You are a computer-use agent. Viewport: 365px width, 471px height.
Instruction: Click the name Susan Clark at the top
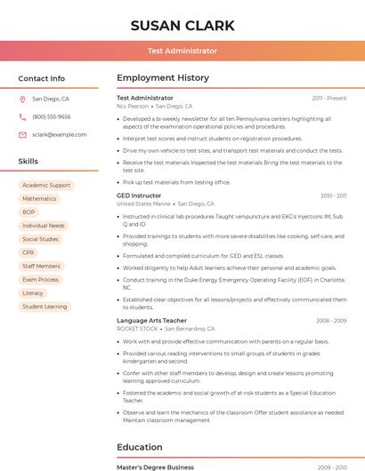[182, 25]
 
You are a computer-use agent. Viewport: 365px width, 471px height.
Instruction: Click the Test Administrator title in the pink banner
[182, 51]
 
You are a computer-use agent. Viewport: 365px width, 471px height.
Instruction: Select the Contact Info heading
[42, 78]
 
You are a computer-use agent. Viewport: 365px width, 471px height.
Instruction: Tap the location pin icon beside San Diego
[22, 100]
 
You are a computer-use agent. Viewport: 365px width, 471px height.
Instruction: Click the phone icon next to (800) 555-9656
[22, 116]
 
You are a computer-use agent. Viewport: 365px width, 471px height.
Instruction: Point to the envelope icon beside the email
[22, 134]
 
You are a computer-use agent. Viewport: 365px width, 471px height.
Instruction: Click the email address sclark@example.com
[60, 134]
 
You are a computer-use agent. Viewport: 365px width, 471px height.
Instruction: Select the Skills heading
[28, 161]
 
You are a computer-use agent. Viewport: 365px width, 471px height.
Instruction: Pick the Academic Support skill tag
[46, 186]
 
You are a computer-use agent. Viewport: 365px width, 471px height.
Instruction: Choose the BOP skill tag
[29, 212]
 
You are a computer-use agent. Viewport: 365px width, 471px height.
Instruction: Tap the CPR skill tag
[28, 252]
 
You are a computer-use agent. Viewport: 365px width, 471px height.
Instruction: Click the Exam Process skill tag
[40, 279]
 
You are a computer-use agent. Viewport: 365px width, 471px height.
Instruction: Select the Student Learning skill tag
[45, 307]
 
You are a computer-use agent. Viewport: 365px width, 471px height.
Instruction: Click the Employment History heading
[163, 78]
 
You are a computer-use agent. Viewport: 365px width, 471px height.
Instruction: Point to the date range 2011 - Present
[328, 98]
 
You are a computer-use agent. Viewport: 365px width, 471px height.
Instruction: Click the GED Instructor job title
[139, 195]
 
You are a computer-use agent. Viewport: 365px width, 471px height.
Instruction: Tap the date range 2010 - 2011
[333, 196]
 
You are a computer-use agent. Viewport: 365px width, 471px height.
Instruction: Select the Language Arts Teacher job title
[151, 320]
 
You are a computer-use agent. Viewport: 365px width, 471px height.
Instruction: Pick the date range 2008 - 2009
[331, 320]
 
